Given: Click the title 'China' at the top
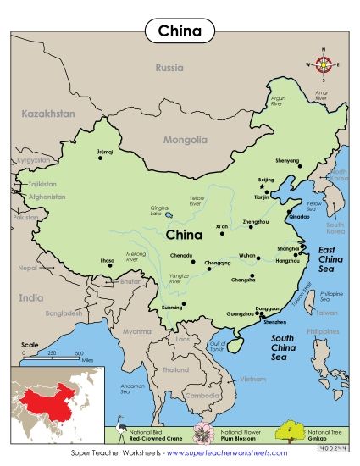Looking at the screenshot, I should (x=179, y=31).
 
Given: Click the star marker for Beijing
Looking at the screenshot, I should (x=263, y=186).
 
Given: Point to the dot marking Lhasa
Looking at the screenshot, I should (x=109, y=265).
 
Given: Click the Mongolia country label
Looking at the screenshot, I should (x=185, y=140).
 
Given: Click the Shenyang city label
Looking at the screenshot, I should (x=288, y=160).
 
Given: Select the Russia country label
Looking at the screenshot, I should (x=169, y=68).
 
